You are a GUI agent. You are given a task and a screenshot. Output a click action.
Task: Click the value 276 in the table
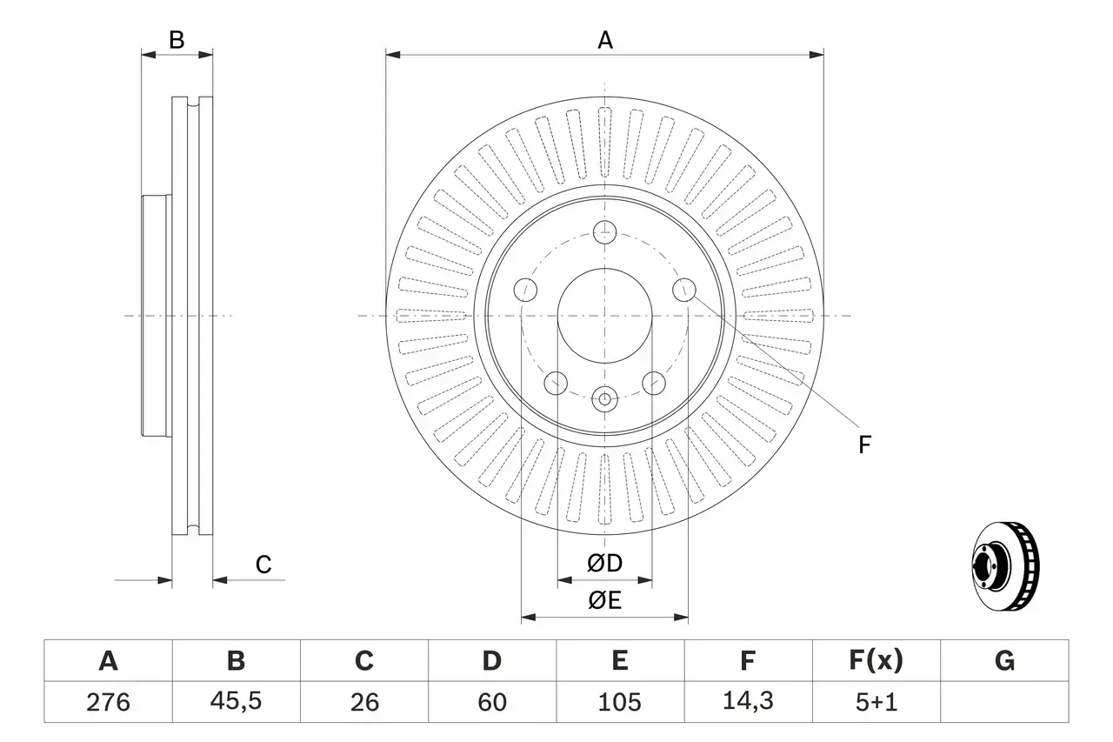pyautogui.click(x=108, y=702)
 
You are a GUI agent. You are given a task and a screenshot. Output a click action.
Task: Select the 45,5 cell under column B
pyautogui.click(x=236, y=702)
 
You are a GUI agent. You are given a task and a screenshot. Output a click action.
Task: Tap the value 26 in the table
pyautogui.click(x=363, y=702)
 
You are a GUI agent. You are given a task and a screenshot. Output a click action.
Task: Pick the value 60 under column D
pyautogui.click(x=491, y=702)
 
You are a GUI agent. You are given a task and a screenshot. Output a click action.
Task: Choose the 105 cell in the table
pyautogui.click(x=619, y=702)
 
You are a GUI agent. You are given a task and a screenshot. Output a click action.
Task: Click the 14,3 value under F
pyautogui.click(x=747, y=702)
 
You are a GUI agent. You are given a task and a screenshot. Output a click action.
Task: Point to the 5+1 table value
pyautogui.click(x=875, y=702)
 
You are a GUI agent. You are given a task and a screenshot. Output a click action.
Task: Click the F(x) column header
pyautogui.click(x=875, y=661)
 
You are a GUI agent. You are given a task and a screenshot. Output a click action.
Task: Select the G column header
pyautogui.click(x=1004, y=661)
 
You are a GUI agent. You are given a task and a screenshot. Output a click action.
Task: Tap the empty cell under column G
pyautogui.click(x=1004, y=702)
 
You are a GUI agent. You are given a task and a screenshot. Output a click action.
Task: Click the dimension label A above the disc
pyautogui.click(x=604, y=40)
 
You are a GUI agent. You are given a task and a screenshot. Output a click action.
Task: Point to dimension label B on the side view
pyautogui.click(x=177, y=40)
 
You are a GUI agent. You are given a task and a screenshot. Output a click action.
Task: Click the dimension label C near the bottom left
pyautogui.click(x=263, y=565)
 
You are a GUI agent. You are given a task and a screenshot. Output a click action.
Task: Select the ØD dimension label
pyautogui.click(x=605, y=564)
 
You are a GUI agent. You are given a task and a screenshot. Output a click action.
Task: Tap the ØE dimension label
pyautogui.click(x=605, y=601)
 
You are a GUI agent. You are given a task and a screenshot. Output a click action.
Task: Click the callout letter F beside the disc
pyautogui.click(x=863, y=445)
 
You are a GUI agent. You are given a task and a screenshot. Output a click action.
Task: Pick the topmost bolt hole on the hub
pyautogui.click(x=604, y=232)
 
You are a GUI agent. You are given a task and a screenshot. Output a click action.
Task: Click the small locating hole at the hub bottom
pyautogui.click(x=604, y=399)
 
